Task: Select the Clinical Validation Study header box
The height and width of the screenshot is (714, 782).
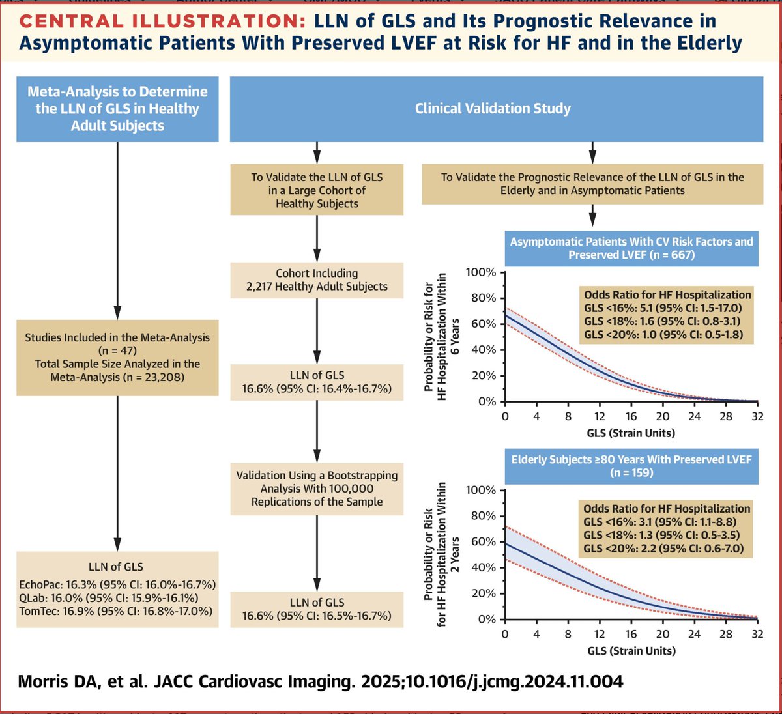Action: (x=493, y=109)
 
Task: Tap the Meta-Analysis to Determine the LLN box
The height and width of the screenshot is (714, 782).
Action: (x=117, y=109)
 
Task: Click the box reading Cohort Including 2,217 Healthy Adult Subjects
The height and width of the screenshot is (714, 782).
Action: (x=317, y=280)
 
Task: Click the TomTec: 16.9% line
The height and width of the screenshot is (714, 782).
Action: (x=116, y=611)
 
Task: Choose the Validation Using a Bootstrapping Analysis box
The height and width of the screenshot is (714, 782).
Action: (x=317, y=489)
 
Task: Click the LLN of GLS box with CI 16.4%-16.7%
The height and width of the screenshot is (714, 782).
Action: (x=317, y=382)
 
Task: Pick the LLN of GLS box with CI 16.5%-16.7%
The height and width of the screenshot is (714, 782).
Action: (x=317, y=609)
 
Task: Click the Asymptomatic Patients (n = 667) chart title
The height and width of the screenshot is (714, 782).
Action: (x=631, y=248)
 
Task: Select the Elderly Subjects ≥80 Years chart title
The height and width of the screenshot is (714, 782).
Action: (x=631, y=466)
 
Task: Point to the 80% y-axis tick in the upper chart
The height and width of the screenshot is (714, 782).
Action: (x=482, y=298)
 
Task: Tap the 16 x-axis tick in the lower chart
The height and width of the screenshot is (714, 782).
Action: (x=631, y=635)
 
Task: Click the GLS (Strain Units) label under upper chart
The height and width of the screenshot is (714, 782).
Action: (x=631, y=433)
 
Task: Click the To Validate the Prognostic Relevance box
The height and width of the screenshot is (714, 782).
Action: (x=592, y=184)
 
